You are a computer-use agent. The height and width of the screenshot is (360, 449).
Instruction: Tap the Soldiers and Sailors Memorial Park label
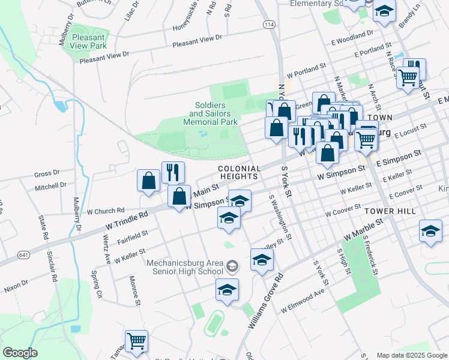point(208,113)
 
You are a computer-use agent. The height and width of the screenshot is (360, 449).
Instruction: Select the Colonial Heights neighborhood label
point(239,172)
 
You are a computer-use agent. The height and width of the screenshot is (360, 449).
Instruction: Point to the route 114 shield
point(269,24)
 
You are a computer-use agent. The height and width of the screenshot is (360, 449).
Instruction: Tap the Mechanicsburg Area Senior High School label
point(185,267)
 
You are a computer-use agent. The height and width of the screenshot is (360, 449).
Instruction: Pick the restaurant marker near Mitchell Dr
point(173,172)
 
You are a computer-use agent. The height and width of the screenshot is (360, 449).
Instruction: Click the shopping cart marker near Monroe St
point(136,341)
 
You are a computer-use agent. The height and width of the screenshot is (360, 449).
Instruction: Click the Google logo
point(20,353)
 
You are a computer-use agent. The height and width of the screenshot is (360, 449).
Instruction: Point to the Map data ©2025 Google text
point(411,355)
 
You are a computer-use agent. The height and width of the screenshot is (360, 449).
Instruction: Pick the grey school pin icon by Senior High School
point(232,265)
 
